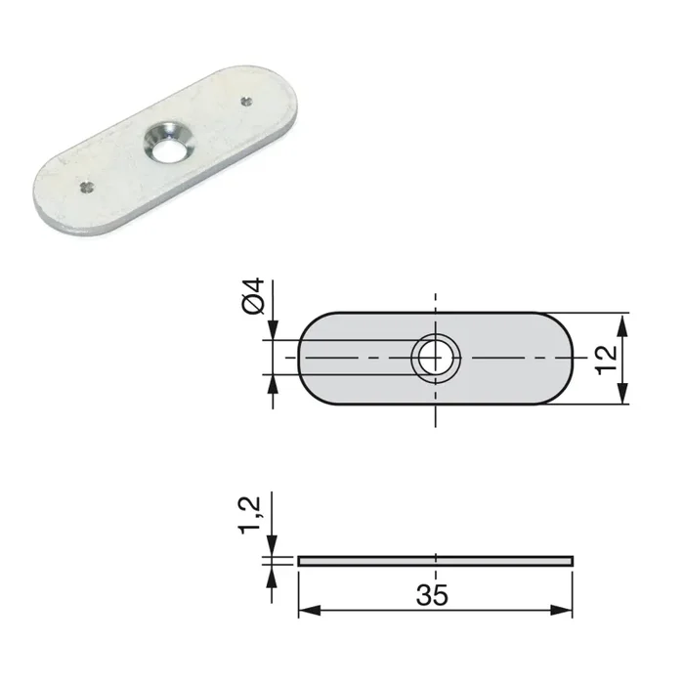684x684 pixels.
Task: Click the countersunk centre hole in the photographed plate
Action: [x=165, y=143]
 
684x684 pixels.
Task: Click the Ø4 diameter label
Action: [x=252, y=296]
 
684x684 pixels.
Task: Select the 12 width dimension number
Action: [x=605, y=359]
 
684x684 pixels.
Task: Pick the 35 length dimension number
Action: [x=435, y=595]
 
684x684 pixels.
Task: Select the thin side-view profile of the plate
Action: [x=435, y=561]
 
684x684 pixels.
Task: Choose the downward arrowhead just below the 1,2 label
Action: [x=274, y=549]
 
